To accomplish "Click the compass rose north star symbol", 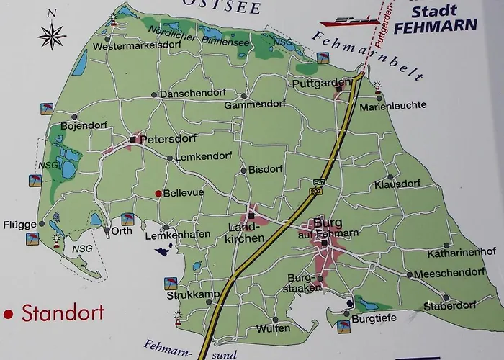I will click(52, 35).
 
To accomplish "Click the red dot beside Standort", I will click(9, 314).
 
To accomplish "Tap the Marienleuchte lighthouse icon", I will click(378, 88).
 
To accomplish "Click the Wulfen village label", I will click(274, 328).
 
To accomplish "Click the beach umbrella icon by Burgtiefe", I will click(341, 327).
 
